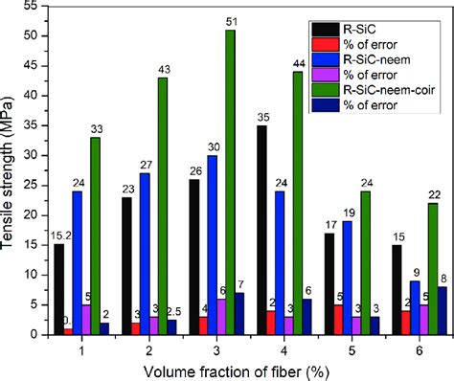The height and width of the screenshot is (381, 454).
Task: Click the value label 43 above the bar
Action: (162, 71)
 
